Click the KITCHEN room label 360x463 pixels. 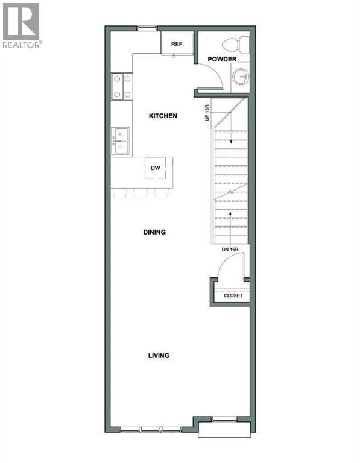pyautogui.click(x=163, y=115)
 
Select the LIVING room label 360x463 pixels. pyautogui.click(x=159, y=356)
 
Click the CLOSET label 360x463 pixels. pyautogui.click(x=233, y=295)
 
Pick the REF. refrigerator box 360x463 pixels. pyautogui.click(x=177, y=43)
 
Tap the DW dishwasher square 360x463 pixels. pyautogui.click(x=156, y=168)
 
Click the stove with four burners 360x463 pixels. pyautogui.click(x=121, y=86)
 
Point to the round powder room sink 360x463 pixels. pyautogui.click(x=241, y=75)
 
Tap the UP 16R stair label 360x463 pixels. pyautogui.click(x=207, y=111)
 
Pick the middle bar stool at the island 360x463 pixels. pyautogui.click(x=141, y=193)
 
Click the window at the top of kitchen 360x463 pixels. pyautogui.click(x=146, y=28)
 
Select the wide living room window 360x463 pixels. pyautogui.click(x=150, y=429)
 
